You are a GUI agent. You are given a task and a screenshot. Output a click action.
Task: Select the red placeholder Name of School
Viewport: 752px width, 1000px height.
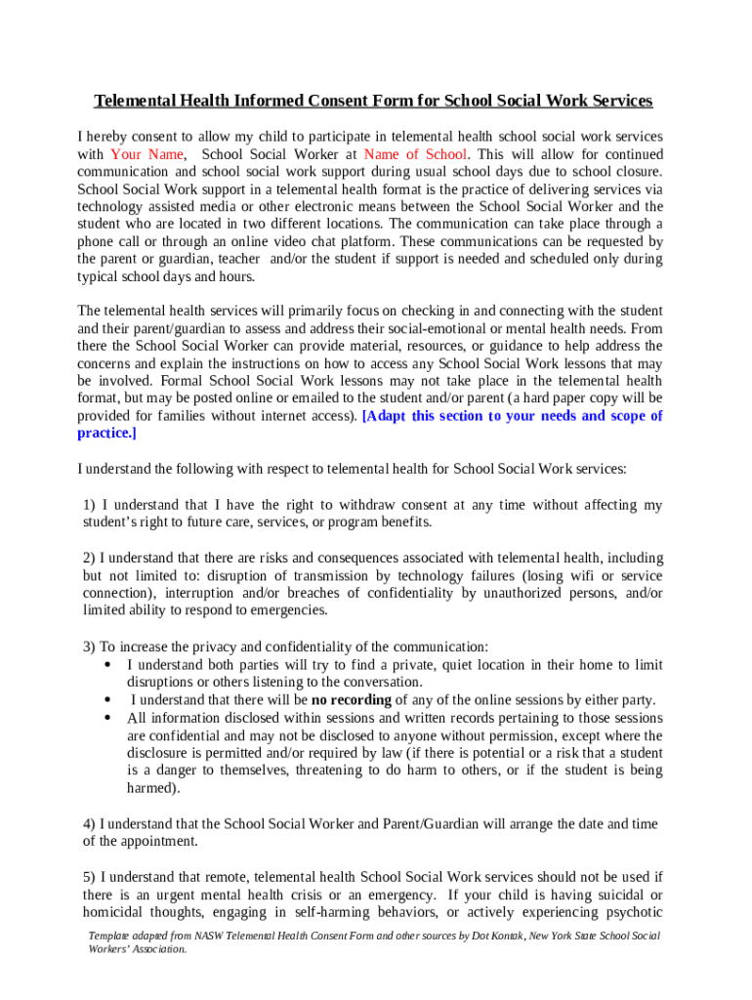[415, 154]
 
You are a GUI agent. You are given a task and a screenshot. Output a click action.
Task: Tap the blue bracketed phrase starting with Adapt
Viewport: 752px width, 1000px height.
[512, 416]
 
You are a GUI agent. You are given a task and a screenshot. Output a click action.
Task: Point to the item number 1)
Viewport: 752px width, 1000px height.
[90, 505]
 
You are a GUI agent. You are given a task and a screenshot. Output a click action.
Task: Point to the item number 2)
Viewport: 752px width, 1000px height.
[90, 558]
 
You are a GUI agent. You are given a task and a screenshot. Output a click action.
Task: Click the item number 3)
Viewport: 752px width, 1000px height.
[90, 646]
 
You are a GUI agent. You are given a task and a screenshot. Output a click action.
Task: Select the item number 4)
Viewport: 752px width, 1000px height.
[90, 824]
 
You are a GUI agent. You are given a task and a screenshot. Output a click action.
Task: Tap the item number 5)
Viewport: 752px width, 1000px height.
[90, 877]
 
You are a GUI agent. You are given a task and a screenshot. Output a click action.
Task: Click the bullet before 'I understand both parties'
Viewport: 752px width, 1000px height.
[105, 665]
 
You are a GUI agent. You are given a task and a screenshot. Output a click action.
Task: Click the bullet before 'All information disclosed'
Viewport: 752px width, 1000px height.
[105, 719]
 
